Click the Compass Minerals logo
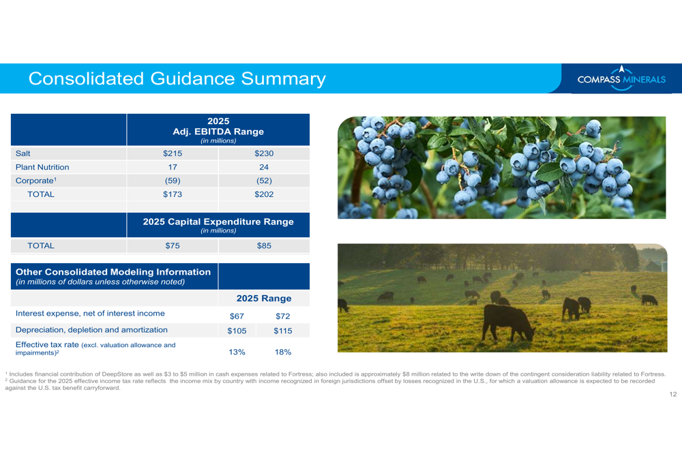[621, 78]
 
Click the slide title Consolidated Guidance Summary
[177, 78]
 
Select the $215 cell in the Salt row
[173, 153]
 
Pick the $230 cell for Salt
[264, 153]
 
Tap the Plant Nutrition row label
[42, 167]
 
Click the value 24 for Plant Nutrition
[264, 167]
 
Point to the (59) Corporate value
[173, 181]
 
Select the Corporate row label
[36, 181]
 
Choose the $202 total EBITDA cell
[264, 194]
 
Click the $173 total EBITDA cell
[173, 194]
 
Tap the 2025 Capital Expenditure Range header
[218, 222]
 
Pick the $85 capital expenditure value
[264, 245]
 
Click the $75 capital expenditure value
[173, 245]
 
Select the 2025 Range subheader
[264, 299]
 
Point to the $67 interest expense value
[237, 316]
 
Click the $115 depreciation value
[283, 331]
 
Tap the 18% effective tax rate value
[283, 352]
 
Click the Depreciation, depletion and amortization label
[91, 330]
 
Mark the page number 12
[673, 394]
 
